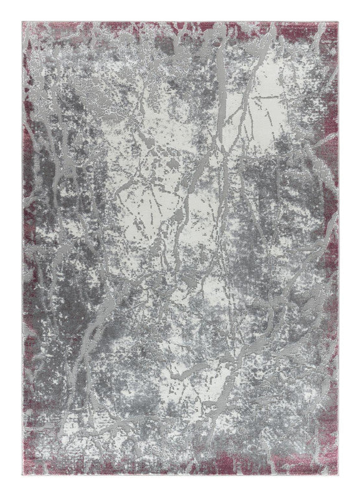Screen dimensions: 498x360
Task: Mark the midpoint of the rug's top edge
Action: [180, 21]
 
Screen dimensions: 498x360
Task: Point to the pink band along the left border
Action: [29, 187]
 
